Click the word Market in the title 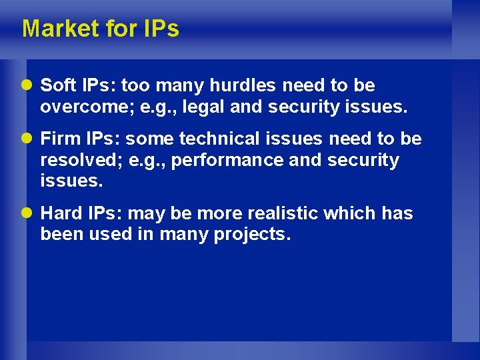pos(58,29)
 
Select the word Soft pos(58,85)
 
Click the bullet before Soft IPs pos(29,86)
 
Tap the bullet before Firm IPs pos(29,139)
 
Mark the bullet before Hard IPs pos(29,214)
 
